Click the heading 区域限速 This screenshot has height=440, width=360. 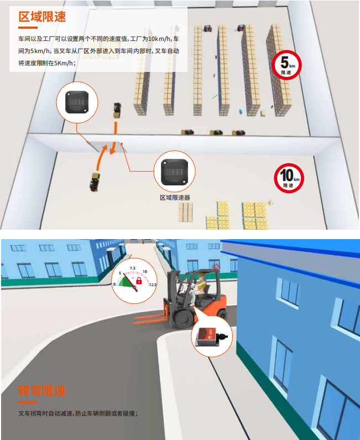point(42,17)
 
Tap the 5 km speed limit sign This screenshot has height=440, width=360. point(286,65)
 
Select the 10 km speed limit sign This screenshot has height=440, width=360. point(289,178)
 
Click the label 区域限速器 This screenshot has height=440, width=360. point(175,198)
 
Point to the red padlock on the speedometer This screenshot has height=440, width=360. point(139,280)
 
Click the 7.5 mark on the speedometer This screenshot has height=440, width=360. point(133,268)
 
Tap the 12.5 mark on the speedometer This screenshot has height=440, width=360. point(153,284)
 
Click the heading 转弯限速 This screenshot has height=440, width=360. point(42,391)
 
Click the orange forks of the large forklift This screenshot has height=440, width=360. point(150,319)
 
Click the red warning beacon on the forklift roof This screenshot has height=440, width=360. point(215,266)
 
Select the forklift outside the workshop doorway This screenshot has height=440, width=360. point(95,182)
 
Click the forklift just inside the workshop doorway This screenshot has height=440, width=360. point(117,111)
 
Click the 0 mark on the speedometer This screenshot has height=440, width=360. point(114,284)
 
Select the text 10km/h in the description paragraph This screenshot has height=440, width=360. point(159,39)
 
